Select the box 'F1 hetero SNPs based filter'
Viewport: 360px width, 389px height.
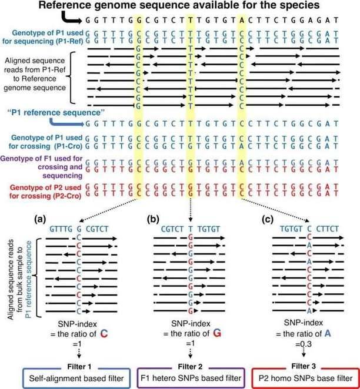[190, 376]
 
